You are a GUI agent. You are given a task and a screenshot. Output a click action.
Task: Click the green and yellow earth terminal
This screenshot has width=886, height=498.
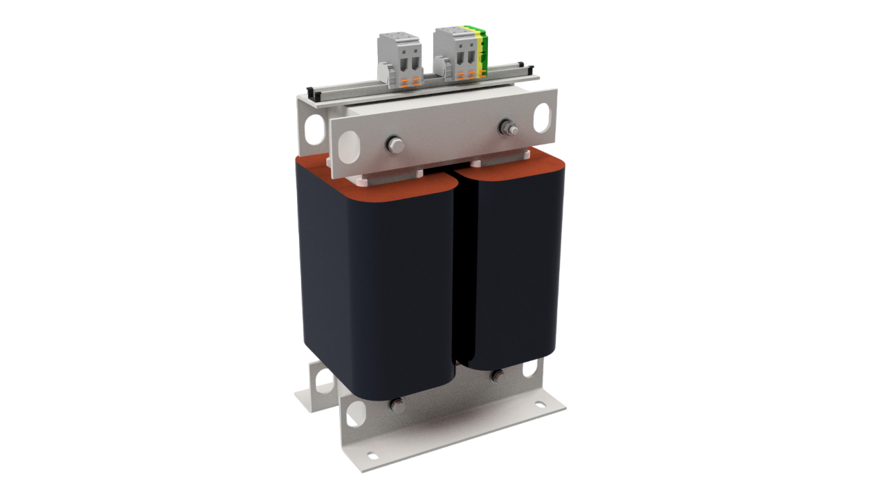482,50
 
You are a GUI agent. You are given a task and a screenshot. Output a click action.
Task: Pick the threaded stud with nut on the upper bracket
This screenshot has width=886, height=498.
509,129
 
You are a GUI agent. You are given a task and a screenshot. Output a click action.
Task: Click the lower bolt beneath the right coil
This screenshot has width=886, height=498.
496,377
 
